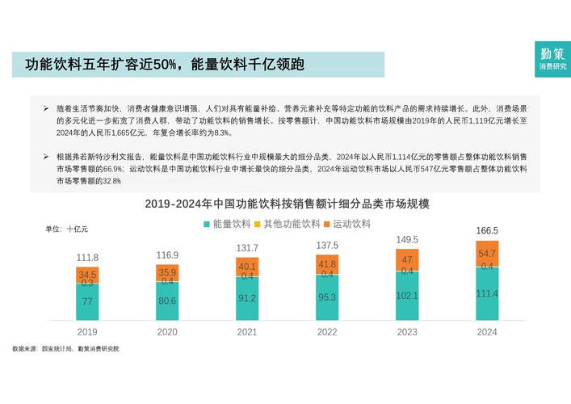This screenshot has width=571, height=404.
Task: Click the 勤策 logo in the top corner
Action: point(553,58)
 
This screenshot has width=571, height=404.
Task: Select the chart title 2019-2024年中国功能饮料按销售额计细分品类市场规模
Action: point(287,204)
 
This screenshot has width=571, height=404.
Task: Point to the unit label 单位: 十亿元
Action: point(67,229)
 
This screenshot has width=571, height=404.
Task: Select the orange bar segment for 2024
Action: point(487,253)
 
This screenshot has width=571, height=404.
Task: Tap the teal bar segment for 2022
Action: point(327,298)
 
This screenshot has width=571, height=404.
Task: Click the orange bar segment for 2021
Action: point(247,267)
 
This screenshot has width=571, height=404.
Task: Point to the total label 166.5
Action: point(487,230)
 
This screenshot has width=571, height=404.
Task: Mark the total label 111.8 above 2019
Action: point(87,258)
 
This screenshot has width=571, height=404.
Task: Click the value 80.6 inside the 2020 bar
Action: point(167,301)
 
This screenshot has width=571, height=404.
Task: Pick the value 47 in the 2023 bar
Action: point(407,259)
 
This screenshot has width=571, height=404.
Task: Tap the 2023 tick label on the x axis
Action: point(407,331)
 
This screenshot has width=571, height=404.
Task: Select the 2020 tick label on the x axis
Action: point(167,331)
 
